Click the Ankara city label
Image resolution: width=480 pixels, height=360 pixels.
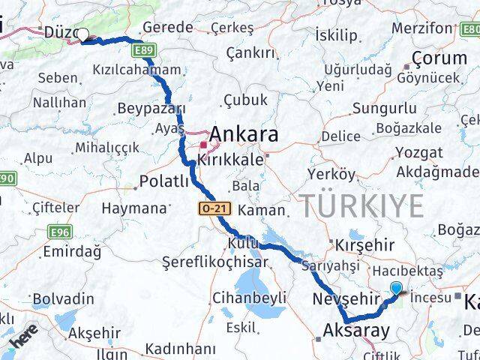[x=245, y=135]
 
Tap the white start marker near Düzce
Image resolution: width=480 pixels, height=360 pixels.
[x=82, y=34]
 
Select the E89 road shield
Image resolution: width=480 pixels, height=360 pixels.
[x=145, y=50]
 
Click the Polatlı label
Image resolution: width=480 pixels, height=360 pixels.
[x=167, y=181]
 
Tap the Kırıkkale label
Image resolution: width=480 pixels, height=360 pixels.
[x=230, y=160]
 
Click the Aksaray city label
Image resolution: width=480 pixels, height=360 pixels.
[x=356, y=330]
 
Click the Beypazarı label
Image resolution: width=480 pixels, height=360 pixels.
[x=151, y=109]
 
